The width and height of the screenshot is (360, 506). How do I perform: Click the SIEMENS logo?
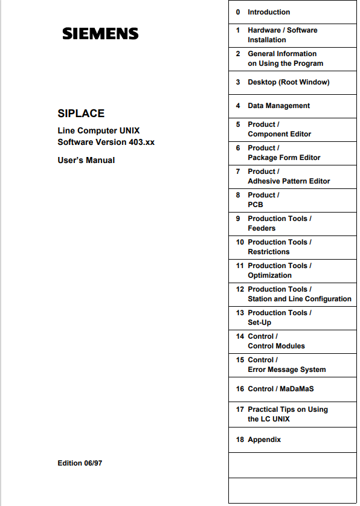pyautogui.click(x=100, y=34)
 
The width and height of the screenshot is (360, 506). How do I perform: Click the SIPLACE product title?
pyautogui.click(x=81, y=113)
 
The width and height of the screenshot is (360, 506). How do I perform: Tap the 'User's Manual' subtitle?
pyautogui.click(x=86, y=160)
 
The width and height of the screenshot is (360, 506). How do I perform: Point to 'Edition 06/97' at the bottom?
pyautogui.click(x=81, y=463)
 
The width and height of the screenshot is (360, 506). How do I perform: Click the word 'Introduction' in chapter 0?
pyautogui.click(x=269, y=12)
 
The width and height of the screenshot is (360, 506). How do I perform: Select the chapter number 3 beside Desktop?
pyautogui.click(x=238, y=82)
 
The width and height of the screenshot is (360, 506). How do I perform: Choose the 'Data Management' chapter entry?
pyautogui.click(x=278, y=106)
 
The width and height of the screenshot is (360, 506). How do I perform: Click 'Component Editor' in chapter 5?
pyautogui.click(x=279, y=134)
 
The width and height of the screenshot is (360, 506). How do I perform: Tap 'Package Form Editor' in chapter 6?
pyautogui.click(x=284, y=158)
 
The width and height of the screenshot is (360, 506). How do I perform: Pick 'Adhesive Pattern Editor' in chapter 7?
pyautogui.click(x=289, y=181)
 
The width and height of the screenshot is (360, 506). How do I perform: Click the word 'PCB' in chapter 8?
pyautogui.click(x=256, y=205)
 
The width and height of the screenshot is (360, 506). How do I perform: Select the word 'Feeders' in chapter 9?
pyautogui.click(x=262, y=228)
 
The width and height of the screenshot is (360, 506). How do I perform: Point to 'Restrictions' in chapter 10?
pyautogui.click(x=268, y=252)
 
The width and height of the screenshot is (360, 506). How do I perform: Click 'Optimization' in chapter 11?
pyautogui.click(x=269, y=275)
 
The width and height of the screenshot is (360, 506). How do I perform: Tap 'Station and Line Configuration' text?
pyautogui.click(x=299, y=299)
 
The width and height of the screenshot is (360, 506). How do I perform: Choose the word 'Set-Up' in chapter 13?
pyautogui.click(x=259, y=322)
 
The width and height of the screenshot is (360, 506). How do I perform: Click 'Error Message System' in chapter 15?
pyautogui.click(x=286, y=370)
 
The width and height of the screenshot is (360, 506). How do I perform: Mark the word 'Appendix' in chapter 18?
pyautogui.click(x=264, y=440)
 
